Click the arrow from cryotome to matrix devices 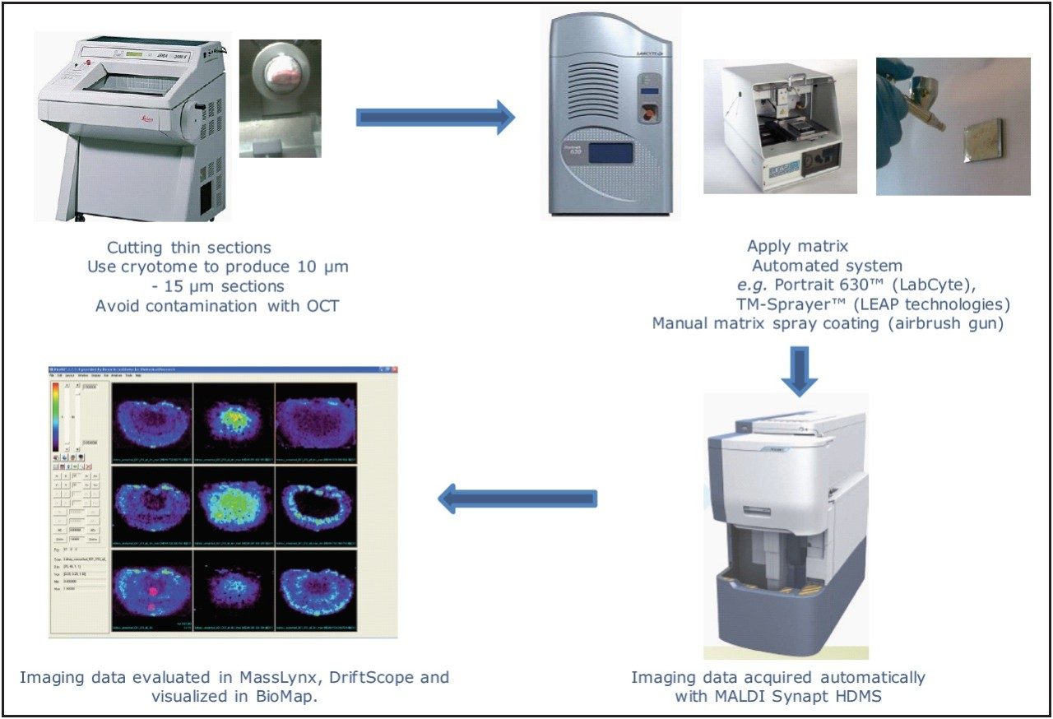pyautogui.click(x=434, y=118)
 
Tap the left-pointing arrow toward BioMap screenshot pyautogui.click(x=517, y=498)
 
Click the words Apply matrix pyautogui.click(x=797, y=246)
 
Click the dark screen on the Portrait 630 pyautogui.click(x=605, y=154)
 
